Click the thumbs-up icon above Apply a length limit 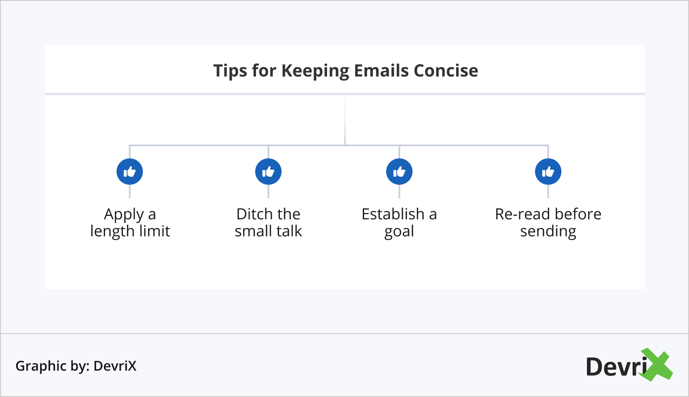(x=129, y=172)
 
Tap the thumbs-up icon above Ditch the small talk (x=268, y=172)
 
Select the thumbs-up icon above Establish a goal (x=399, y=172)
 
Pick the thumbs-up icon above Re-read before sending (x=548, y=172)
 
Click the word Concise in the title (x=446, y=71)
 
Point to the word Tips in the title (x=230, y=71)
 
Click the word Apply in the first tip (x=124, y=215)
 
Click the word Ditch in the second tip (x=252, y=214)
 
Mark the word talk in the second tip (x=289, y=231)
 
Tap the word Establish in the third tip (x=393, y=214)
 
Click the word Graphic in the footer (x=41, y=366)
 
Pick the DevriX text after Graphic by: (x=115, y=366)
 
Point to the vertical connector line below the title (x=345, y=120)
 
